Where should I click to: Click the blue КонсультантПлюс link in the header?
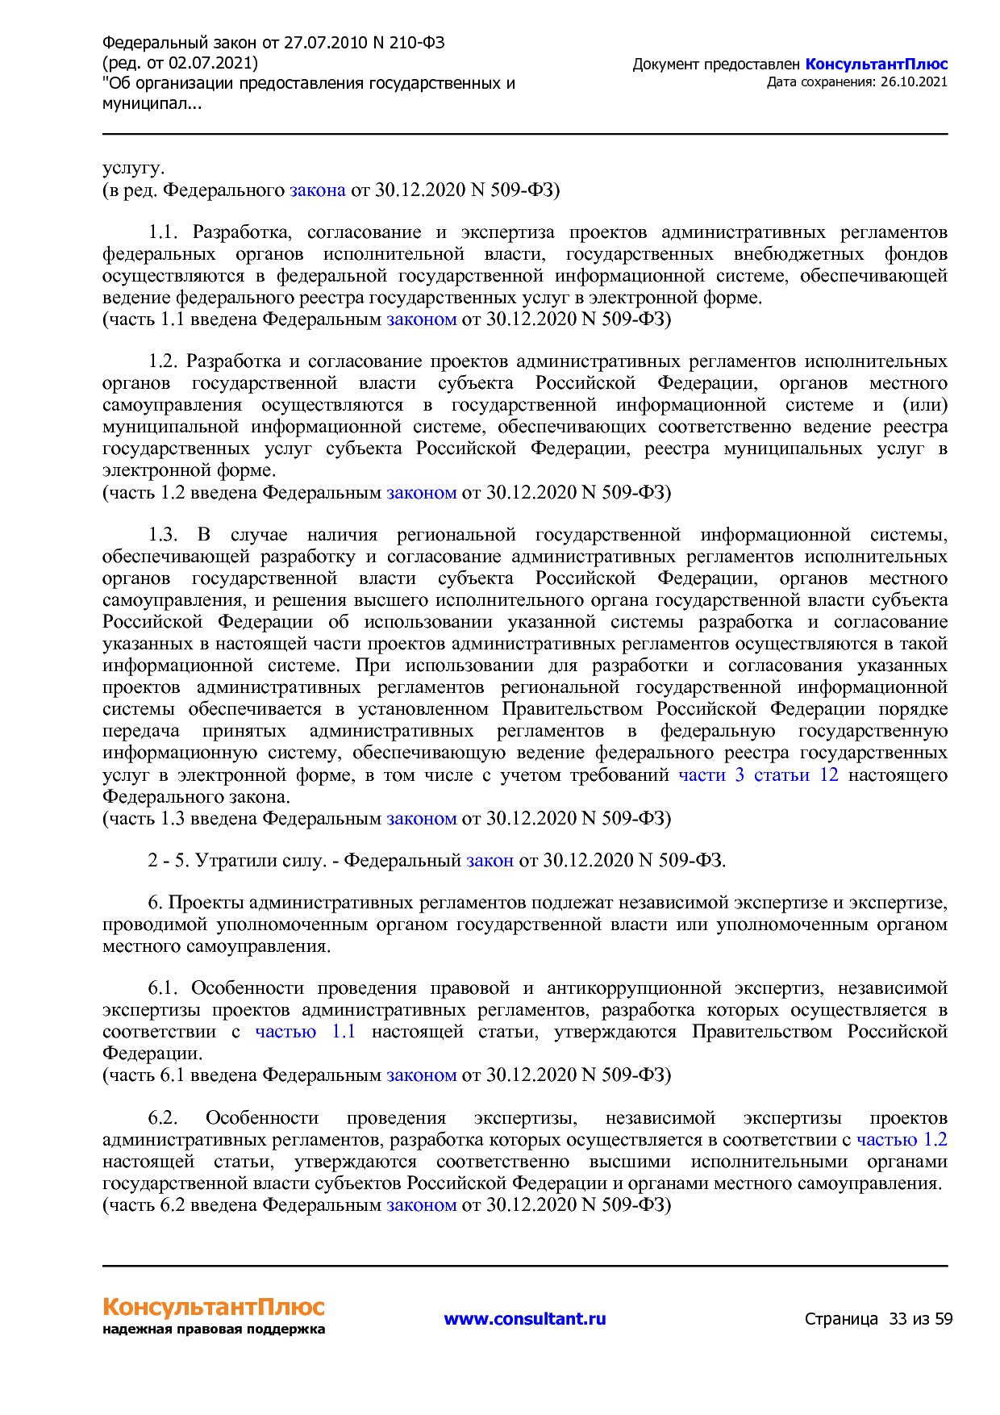[876, 65]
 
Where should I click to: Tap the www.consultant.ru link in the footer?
[524, 1319]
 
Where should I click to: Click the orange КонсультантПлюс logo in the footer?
[213, 1307]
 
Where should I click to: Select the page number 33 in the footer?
[898, 1319]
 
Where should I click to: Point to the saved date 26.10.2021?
[914, 82]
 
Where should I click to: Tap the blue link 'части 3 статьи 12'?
[758, 775]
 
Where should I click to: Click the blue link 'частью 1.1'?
[305, 1032]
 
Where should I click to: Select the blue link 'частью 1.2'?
[902, 1140]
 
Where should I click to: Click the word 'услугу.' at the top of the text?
[133, 169]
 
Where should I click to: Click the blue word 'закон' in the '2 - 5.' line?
[490, 861]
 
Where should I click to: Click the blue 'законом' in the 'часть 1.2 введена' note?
[421, 493]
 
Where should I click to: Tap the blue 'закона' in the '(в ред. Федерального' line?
[317, 190]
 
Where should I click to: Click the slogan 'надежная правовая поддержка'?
[213, 1329]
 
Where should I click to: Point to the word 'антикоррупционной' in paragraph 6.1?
[633, 988]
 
